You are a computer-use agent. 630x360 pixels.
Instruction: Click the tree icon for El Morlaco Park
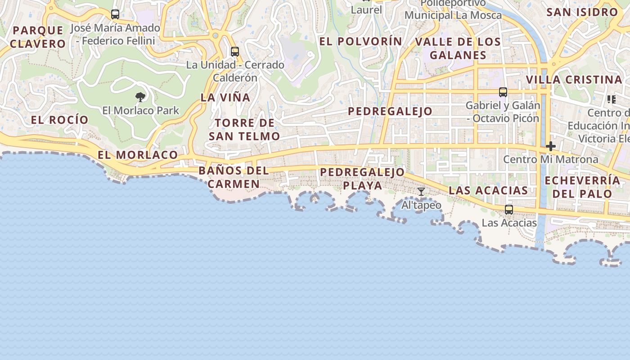[x=140, y=97]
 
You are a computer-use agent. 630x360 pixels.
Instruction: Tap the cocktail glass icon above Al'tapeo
[x=421, y=192]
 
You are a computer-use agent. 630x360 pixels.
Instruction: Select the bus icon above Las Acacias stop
[x=509, y=210]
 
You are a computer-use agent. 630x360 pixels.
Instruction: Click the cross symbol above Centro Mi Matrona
[x=551, y=146]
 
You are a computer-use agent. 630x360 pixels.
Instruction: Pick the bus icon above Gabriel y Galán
[x=503, y=92]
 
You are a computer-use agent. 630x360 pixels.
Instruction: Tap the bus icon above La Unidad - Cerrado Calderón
[x=235, y=51]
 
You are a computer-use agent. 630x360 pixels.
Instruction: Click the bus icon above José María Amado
[x=115, y=14]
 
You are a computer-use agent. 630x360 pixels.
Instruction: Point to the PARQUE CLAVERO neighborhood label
[x=38, y=37]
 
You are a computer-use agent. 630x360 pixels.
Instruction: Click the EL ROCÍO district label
[x=60, y=120]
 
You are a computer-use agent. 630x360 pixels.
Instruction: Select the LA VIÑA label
[x=225, y=97]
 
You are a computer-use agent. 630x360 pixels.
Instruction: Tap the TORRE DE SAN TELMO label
[x=244, y=129]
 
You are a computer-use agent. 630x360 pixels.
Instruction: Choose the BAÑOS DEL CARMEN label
[x=234, y=177]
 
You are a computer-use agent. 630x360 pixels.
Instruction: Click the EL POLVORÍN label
[x=361, y=41]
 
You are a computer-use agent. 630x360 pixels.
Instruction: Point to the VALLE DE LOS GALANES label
[x=458, y=48]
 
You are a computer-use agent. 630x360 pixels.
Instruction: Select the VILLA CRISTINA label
[x=574, y=80]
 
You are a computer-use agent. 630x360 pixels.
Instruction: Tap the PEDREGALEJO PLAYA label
[x=363, y=179]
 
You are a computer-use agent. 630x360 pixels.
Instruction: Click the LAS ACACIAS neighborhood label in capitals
[x=488, y=190]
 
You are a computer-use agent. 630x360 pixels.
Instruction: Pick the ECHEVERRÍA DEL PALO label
[x=582, y=187]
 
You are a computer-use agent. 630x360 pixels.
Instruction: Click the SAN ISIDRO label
[x=582, y=12]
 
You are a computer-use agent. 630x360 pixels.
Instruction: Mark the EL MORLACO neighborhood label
[x=138, y=155]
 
